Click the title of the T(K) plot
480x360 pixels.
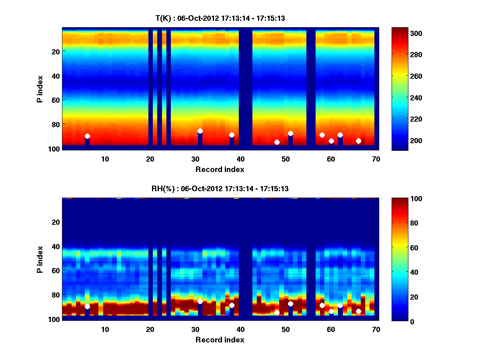[x=220, y=18]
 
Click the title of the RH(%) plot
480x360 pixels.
[x=220, y=188]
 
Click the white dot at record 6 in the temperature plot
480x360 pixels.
[x=87, y=136]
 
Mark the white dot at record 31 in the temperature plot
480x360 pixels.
[x=200, y=131]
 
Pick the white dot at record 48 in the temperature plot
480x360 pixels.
[x=277, y=142]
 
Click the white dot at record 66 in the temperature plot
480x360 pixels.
[x=358, y=141]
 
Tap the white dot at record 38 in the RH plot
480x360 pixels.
[x=232, y=305]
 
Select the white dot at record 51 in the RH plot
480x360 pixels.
[x=290, y=304]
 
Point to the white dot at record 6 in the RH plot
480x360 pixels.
[x=87, y=306]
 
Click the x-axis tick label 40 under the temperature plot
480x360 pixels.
[x=240, y=159]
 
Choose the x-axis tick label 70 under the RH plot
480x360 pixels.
[x=376, y=329]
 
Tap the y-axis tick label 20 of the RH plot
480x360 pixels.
[x=56, y=222]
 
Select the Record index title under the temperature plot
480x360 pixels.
[x=220, y=169]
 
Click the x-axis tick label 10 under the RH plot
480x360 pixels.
[x=105, y=329]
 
